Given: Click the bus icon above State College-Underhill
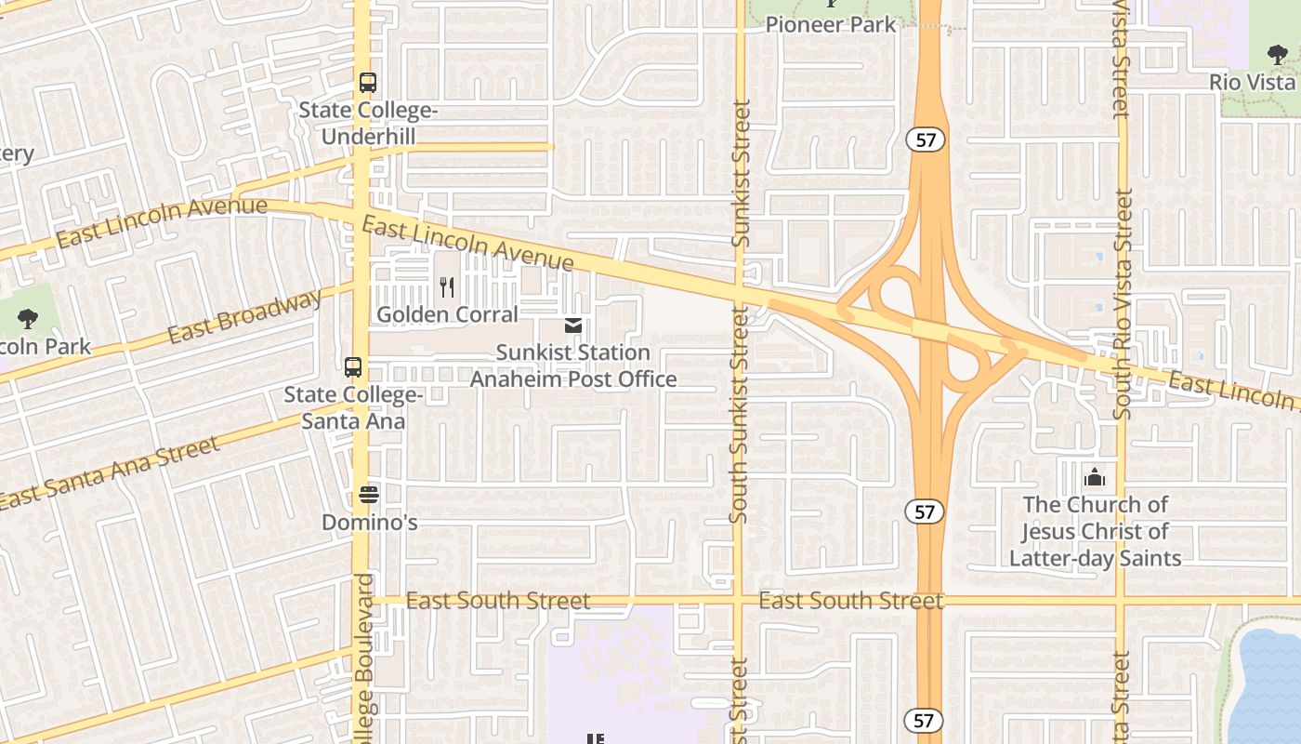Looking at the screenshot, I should [368, 82].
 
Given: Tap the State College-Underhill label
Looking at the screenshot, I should [368, 124].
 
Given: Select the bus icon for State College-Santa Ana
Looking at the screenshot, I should [353, 366].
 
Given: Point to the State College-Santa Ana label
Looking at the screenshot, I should [353, 408].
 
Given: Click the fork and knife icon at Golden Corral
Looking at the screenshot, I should [447, 287].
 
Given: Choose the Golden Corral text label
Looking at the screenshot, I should [447, 314].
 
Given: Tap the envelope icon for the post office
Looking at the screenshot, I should [573, 325].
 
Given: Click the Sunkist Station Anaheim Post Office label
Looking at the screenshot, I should [573, 365].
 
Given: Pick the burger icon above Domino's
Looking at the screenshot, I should [369, 494].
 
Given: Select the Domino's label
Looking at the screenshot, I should [369, 523].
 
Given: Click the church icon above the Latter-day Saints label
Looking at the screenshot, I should [1095, 478].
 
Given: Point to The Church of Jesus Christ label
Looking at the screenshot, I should [1095, 531].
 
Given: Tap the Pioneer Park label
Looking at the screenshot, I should [831, 24].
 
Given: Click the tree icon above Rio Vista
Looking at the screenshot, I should [1277, 56].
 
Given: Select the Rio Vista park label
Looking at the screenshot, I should [1253, 82].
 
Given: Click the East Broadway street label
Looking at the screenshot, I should [245, 316].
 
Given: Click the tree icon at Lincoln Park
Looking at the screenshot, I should [28, 320].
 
